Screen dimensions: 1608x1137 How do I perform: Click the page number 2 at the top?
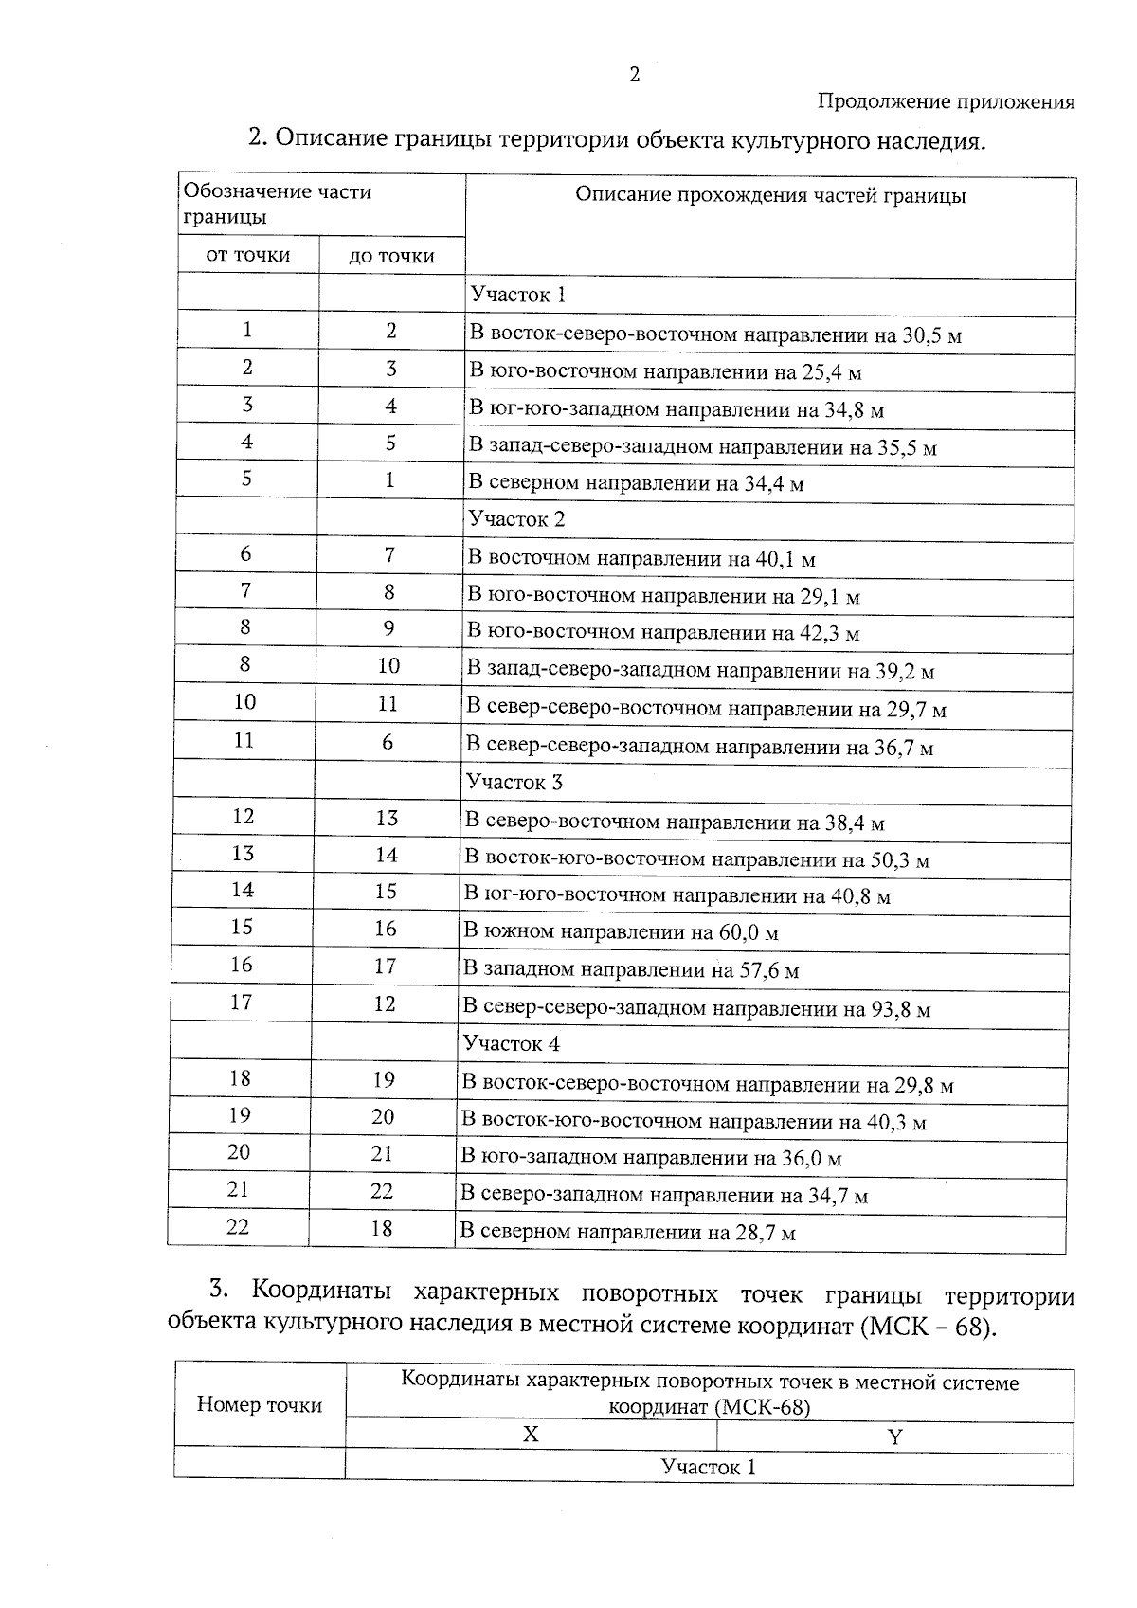634,76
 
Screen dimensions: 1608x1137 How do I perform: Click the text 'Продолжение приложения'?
946,102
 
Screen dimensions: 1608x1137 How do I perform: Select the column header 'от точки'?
248,255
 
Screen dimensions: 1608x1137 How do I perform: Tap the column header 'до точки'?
391,256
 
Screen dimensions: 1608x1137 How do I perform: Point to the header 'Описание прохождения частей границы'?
770,196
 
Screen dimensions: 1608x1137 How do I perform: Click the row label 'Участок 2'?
516,519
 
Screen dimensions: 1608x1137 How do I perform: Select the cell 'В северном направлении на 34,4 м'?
636,483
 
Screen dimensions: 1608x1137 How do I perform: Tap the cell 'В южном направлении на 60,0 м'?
621,932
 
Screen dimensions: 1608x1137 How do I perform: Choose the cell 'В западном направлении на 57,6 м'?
630,970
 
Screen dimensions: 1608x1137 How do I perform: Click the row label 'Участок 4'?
511,1044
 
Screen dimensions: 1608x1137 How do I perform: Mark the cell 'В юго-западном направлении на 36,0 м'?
651,1158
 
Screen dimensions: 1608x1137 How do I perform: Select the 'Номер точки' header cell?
260,1405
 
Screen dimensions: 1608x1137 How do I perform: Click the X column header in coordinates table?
531,1435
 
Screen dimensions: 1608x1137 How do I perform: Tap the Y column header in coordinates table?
894,1436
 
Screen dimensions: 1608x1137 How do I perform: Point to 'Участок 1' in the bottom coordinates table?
709,1468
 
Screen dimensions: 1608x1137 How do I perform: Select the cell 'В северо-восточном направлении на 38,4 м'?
674,822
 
